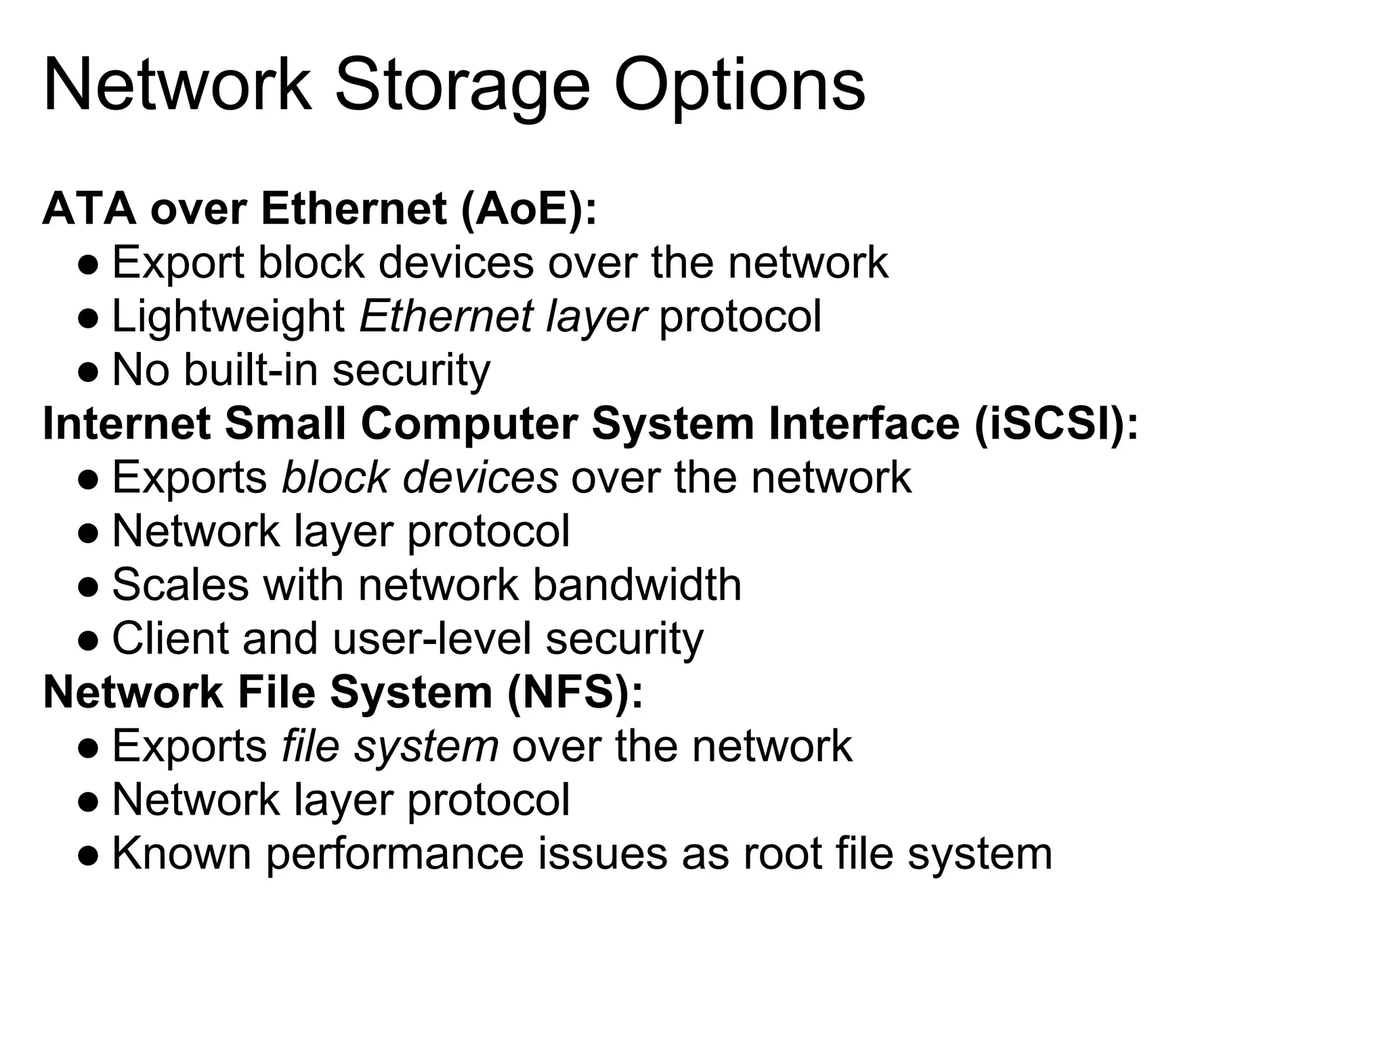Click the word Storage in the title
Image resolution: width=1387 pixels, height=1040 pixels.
tap(463, 87)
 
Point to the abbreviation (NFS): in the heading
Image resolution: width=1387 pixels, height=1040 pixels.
tap(574, 693)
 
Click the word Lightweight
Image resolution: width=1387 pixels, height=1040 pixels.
tap(229, 317)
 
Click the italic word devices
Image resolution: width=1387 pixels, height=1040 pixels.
tap(480, 477)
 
